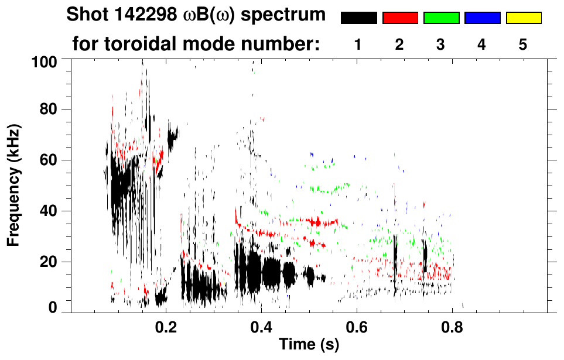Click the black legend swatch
point(359,18)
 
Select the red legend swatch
point(400,18)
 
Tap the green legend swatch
point(441,18)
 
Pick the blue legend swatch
point(482,18)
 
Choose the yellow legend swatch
point(523,18)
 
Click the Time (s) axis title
point(308,345)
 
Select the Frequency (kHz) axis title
point(14,184)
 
